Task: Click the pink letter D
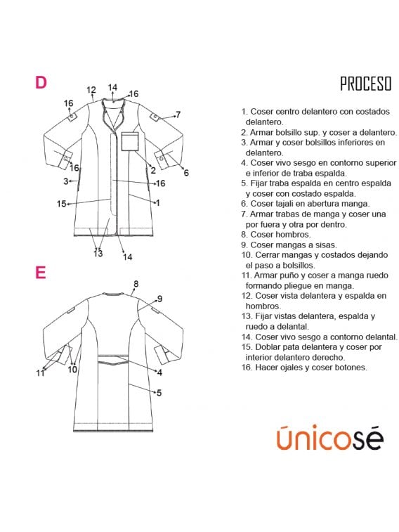[x=41, y=82]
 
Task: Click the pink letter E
[x=40, y=272]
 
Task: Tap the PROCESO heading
[x=365, y=84]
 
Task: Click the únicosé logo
[x=330, y=438]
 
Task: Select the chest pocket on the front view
[x=131, y=141]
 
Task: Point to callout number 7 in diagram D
[x=178, y=115]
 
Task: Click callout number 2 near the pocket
[x=153, y=170]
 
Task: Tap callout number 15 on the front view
[x=61, y=204]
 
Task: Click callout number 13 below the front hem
[x=98, y=253]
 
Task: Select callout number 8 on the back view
[x=136, y=284]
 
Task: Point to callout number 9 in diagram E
[x=159, y=299]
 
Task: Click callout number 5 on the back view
[x=159, y=393]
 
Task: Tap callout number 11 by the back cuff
[x=40, y=373]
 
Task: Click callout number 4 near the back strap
[x=159, y=372]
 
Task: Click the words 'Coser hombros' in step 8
[x=280, y=235]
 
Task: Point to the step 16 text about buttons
[x=304, y=367]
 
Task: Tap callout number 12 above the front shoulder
[x=91, y=90]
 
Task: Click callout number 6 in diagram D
[x=186, y=173]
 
